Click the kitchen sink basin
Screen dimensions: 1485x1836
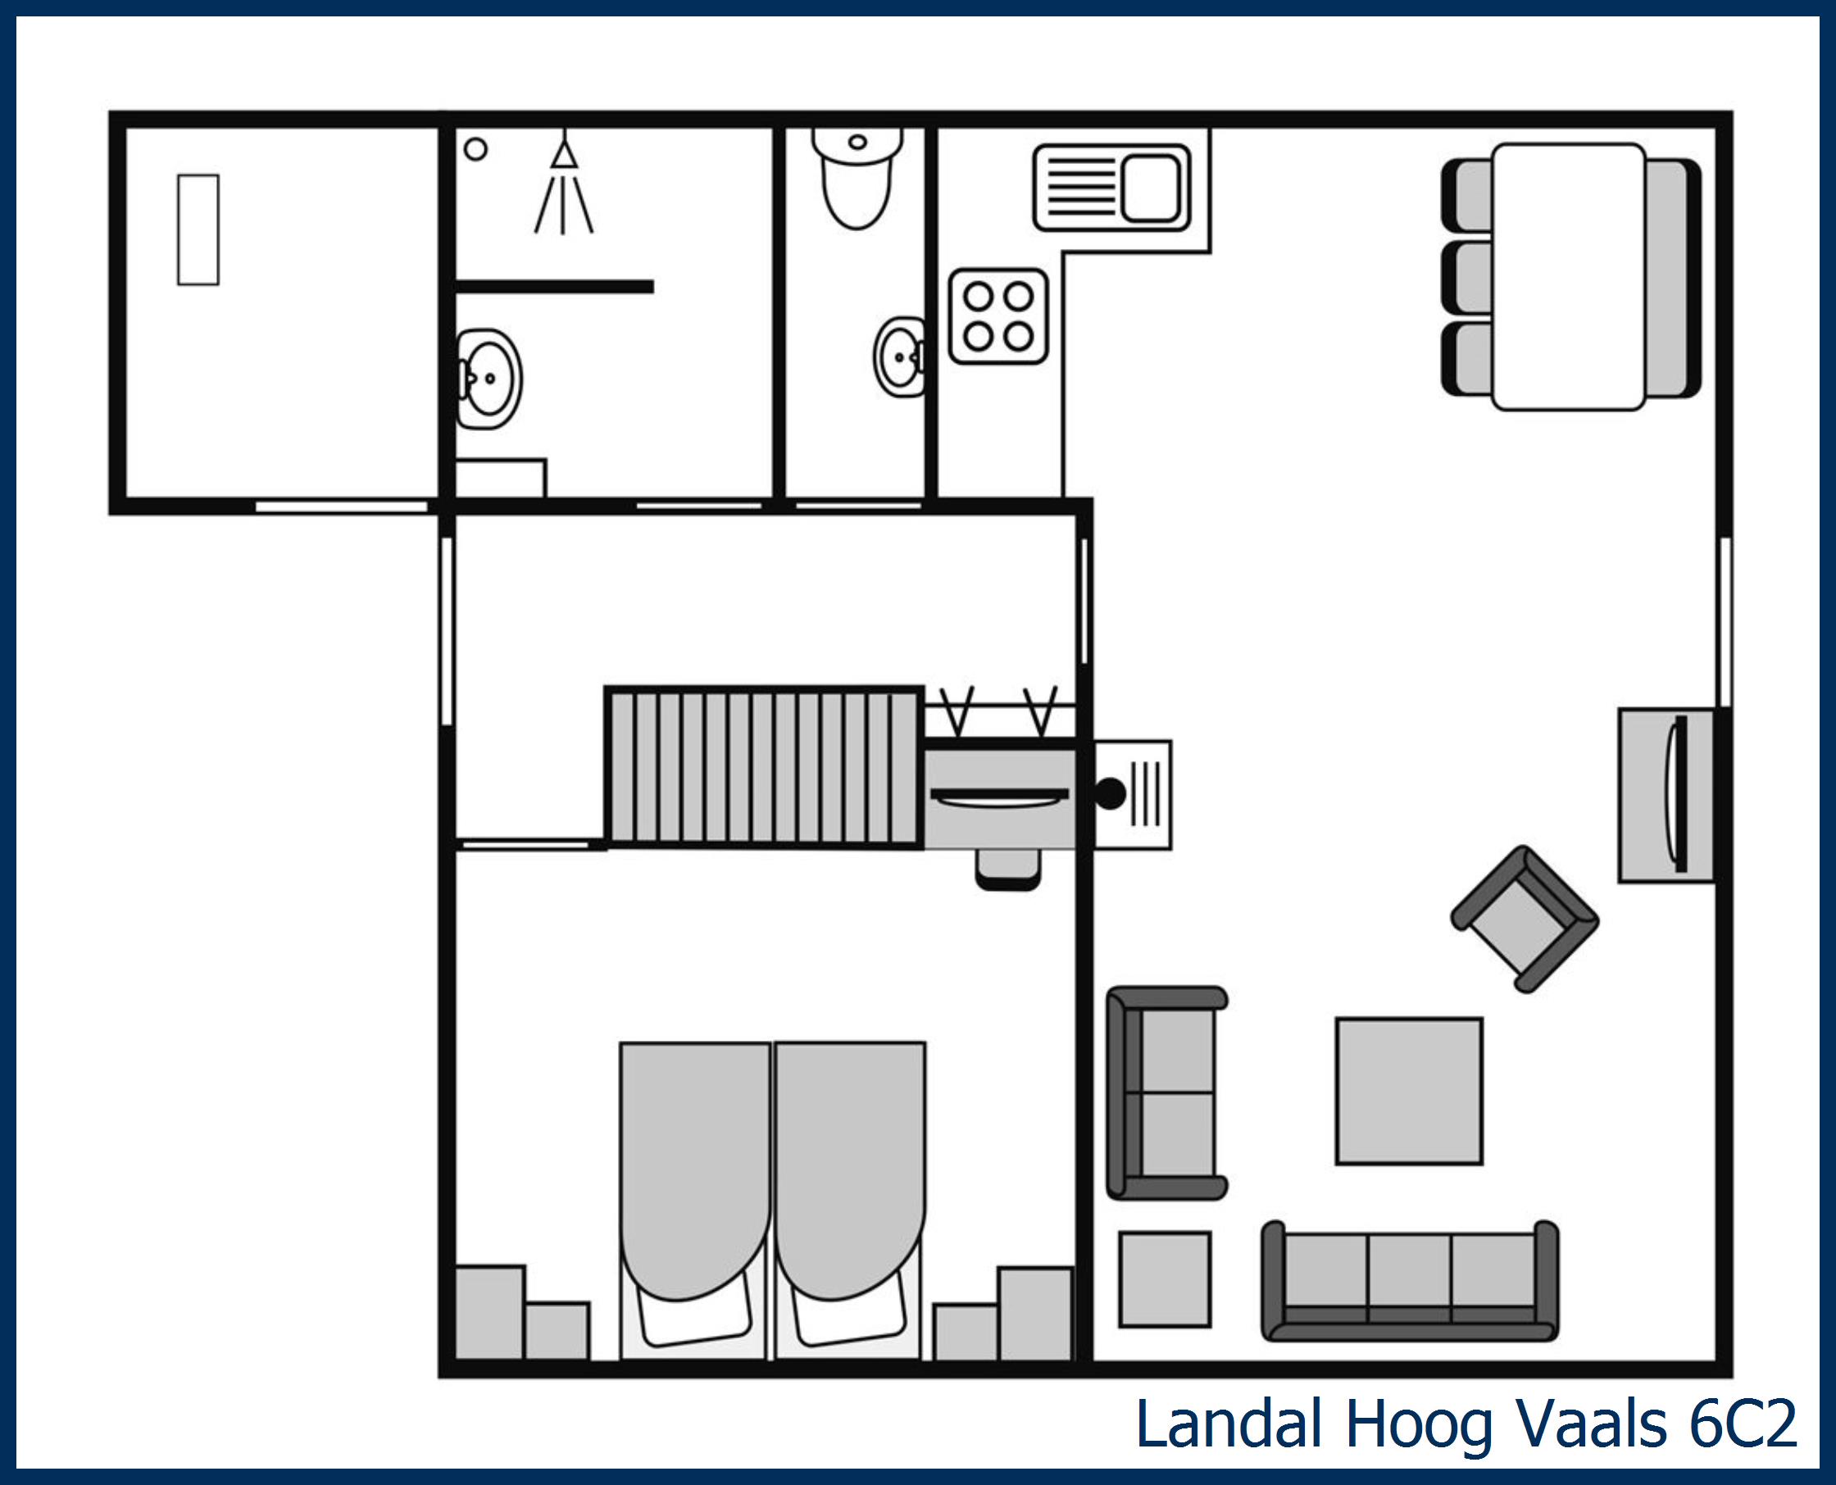coord(1151,188)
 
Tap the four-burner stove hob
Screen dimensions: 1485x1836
coord(998,316)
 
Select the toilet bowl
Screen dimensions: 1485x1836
coord(857,184)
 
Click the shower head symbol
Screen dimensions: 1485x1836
coord(564,156)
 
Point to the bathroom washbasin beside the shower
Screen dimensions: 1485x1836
coord(489,377)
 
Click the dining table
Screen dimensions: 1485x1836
coord(1568,276)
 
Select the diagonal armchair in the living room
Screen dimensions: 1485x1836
coord(1525,920)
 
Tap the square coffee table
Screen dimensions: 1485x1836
coord(1409,1091)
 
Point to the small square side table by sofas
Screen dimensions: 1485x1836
coord(1165,1278)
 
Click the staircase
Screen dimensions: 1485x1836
coord(764,766)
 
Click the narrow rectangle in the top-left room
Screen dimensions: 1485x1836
coord(198,229)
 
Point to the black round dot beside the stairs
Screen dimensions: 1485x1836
coord(1110,794)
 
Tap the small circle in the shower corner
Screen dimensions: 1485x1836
coord(475,150)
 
